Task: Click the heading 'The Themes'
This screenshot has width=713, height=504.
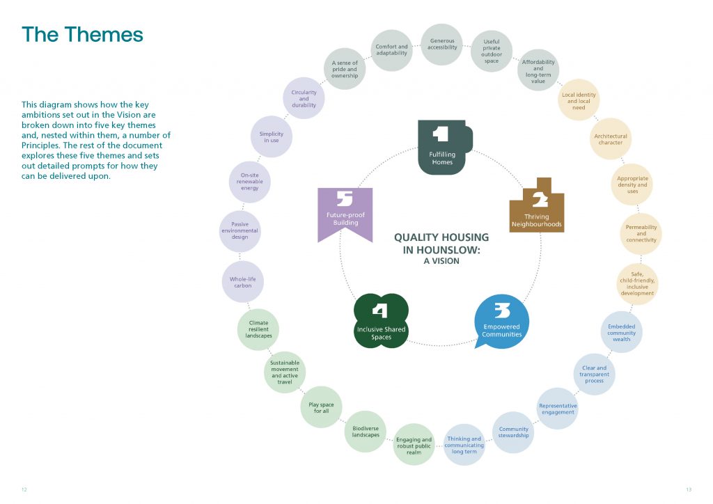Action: pos(82,34)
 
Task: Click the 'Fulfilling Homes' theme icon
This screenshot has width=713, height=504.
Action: pos(441,147)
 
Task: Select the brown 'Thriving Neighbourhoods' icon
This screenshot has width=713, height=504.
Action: pos(537,205)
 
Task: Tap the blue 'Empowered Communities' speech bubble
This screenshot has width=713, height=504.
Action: pos(501,321)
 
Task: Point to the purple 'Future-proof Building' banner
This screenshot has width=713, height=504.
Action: pos(345,213)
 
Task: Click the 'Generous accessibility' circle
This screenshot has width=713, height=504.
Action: pos(442,45)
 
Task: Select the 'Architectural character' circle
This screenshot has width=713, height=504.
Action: pos(611,139)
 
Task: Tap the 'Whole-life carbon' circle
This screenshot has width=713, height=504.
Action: pos(242,282)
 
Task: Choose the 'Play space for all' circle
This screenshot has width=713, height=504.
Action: pos(321,407)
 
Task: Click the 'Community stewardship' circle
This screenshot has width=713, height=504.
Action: pos(513,432)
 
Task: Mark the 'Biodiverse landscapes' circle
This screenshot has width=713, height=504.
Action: pos(366,432)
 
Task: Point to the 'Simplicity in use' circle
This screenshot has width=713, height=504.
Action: pos(272,136)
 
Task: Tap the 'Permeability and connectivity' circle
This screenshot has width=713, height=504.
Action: pos(641,234)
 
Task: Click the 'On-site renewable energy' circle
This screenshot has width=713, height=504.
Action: pos(249,181)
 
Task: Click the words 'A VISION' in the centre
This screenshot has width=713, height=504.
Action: pos(441,261)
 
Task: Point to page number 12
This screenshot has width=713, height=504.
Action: pos(24,489)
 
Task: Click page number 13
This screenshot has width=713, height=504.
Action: pos(688,489)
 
